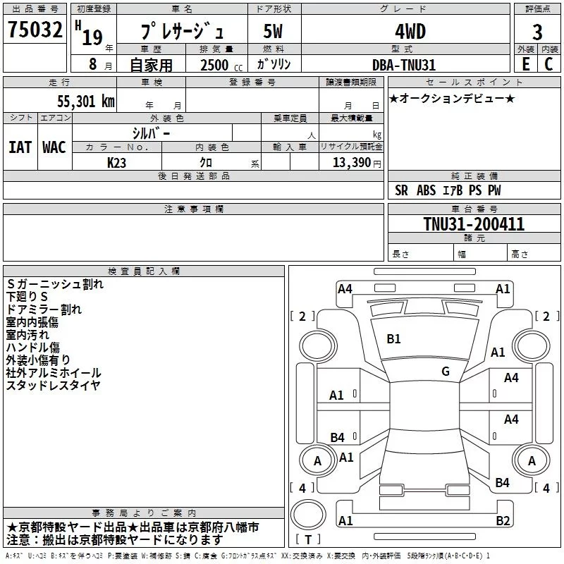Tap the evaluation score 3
pos(537,33)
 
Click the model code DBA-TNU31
pos(404,65)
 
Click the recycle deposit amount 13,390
pos(350,163)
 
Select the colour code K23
pos(117,163)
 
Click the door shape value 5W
pos(274,32)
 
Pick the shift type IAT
pos(20,147)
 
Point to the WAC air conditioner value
pos(54,147)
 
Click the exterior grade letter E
pos(525,64)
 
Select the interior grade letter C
pos(548,64)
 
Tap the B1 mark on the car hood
pos(393,339)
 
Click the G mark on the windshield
pos(446,372)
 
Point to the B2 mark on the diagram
pos(503,521)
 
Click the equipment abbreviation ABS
pos(427,190)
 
